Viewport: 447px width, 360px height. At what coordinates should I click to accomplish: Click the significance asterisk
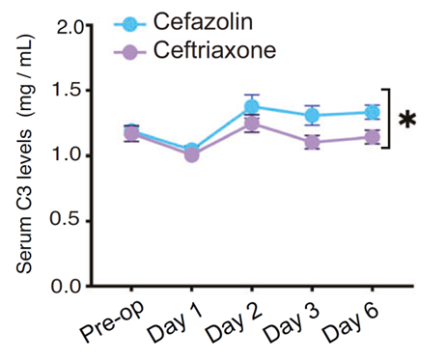pyautogui.click(x=408, y=120)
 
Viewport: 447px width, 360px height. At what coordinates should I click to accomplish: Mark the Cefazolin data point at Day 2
pyautogui.click(x=252, y=107)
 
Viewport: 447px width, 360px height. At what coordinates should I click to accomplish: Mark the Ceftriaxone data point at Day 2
pyautogui.click(x=252, y=124)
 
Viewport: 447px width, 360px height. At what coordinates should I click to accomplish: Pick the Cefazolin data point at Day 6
pyautogui.click(x=372, y=112)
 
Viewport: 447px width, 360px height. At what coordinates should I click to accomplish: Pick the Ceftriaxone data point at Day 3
pyautogui.click(x=312, y=142)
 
